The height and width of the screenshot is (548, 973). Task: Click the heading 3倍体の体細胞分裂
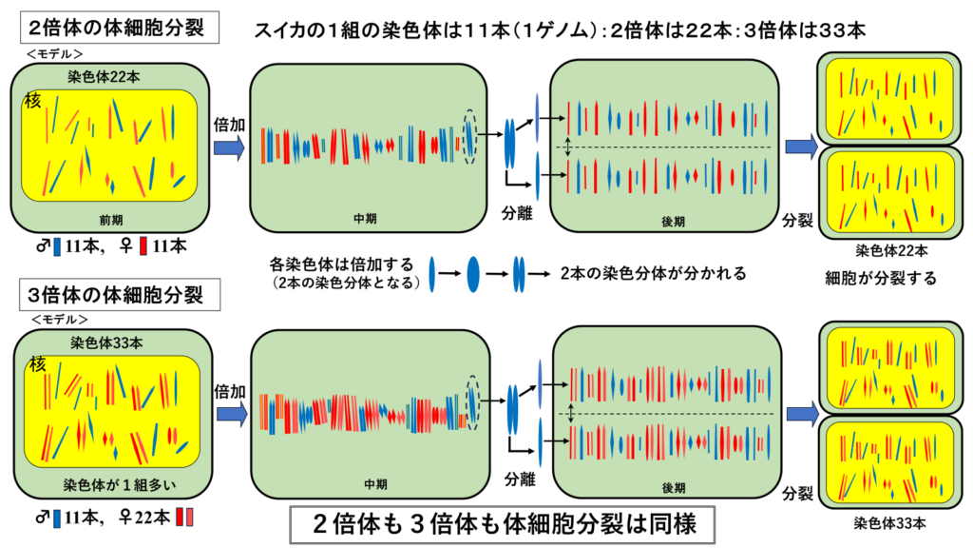pos(118,292)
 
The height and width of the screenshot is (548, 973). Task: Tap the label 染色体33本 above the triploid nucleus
pos(105,342)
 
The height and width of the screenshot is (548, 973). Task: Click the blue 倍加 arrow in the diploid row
pos(228,147)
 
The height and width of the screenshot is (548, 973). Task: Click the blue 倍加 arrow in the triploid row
pos(228,413)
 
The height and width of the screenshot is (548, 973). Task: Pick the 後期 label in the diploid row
pos(673,221)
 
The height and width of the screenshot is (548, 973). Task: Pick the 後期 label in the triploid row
pos(673,487)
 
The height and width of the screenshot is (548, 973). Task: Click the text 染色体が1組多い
pos(105,480)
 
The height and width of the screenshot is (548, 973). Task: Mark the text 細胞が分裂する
pos(882,279)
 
